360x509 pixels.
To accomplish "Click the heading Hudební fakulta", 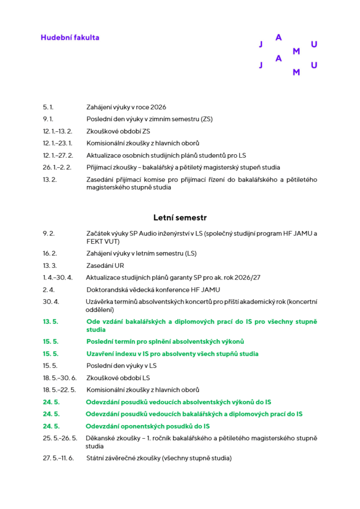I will click(x=70, y=38).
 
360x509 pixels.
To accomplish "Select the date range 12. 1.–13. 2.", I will click(x=58, y=131).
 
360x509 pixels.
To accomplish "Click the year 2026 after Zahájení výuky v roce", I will click(x=158, y=107).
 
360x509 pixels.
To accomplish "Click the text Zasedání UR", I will click(x=105, y=265).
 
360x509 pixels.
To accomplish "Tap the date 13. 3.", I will click(x=50, y=265).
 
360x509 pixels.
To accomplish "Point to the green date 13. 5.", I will click(x=51, y=321).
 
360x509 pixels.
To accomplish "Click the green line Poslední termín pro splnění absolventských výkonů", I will click(x=165, y=342).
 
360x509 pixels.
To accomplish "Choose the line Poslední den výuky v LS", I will click(x=121, y=365).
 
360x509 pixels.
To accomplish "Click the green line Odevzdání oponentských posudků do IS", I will click(x=148, y=426).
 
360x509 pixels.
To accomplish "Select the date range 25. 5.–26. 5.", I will click(x=60, y=438).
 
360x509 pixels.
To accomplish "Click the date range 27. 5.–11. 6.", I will click(x=59, y=458).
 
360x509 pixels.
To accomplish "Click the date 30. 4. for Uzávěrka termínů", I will click(x=51, y=302).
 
